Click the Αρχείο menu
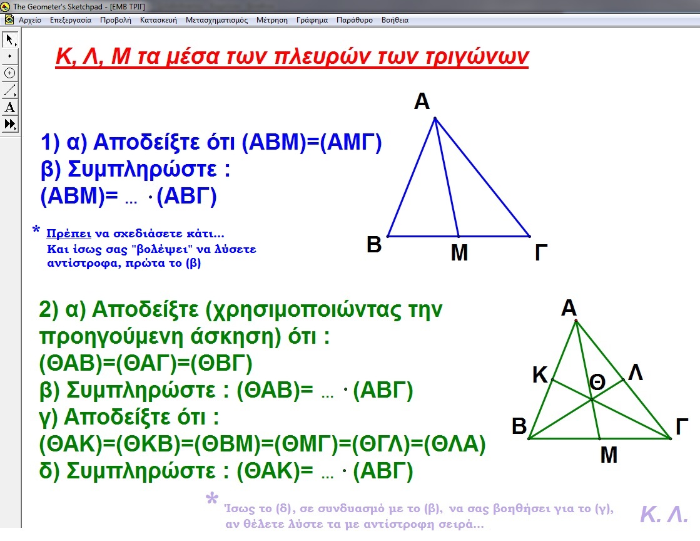(30, 20)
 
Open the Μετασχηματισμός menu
(216, 20)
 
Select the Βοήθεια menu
(395, 20)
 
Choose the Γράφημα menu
(312, 20)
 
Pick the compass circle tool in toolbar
(10, 73)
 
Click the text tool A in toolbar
(10, 107)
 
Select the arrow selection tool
(10, 39)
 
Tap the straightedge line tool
(10, 90)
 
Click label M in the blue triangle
(459, 253)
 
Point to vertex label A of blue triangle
(422, 101)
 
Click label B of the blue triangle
(374, 245)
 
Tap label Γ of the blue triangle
(540, 253)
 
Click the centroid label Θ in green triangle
(597, 383)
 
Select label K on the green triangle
(540, 375)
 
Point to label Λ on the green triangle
(636, 372)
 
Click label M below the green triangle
(609, 455)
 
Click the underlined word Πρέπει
(69, 234)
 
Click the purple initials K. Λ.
(664, 514)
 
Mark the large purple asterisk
(212, 498)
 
